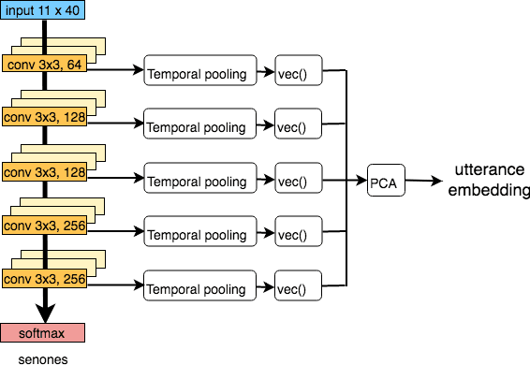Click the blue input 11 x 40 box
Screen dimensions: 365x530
(42, 10)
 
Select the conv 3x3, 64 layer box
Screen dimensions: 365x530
(41, 65)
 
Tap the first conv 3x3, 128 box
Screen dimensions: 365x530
(41, 118)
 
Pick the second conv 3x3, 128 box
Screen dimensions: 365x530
(41, 173)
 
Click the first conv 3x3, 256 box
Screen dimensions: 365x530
(41, 225)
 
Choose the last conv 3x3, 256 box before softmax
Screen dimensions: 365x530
(41, 278)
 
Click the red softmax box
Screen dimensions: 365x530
(42, 332)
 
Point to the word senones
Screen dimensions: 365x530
(41, 357)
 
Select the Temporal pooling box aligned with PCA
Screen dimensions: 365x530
(199, 179)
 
